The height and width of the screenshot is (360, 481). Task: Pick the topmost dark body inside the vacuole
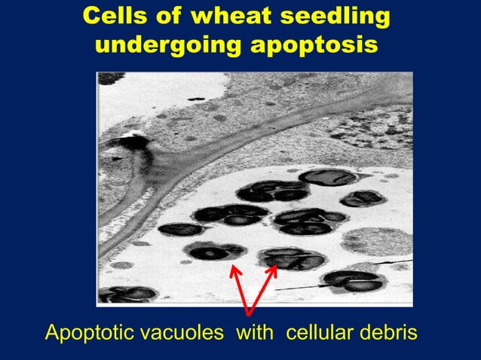tap(328, 178)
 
